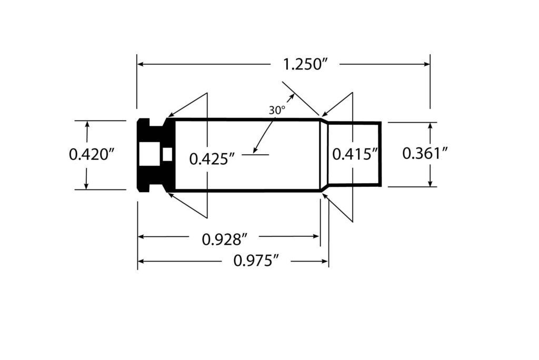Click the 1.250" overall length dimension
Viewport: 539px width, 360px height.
click(306, 65)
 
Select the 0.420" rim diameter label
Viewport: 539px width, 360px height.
click(92, 155)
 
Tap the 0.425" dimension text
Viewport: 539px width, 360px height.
click(212, 158)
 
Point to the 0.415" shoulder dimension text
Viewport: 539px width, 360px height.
click(355, 154)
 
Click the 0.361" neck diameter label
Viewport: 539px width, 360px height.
click(425, 153)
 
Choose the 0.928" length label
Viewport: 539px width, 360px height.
click(225, 239)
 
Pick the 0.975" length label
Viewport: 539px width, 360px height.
click(255, 261)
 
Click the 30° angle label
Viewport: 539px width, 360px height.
click(277, 111)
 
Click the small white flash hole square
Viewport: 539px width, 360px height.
click(168, 154)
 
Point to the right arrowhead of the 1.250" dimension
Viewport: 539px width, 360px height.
click(426, 64)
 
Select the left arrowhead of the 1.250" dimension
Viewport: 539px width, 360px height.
click(142, 64)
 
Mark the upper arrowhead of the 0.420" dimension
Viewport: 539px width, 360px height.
click(87, 124)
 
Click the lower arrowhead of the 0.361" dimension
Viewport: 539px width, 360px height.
click(430, 183)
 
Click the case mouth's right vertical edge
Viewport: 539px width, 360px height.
click(380, 154)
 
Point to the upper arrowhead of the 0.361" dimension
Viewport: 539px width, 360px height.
click(430, 126)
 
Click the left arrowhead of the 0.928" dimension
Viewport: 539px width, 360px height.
click(142, 236)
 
